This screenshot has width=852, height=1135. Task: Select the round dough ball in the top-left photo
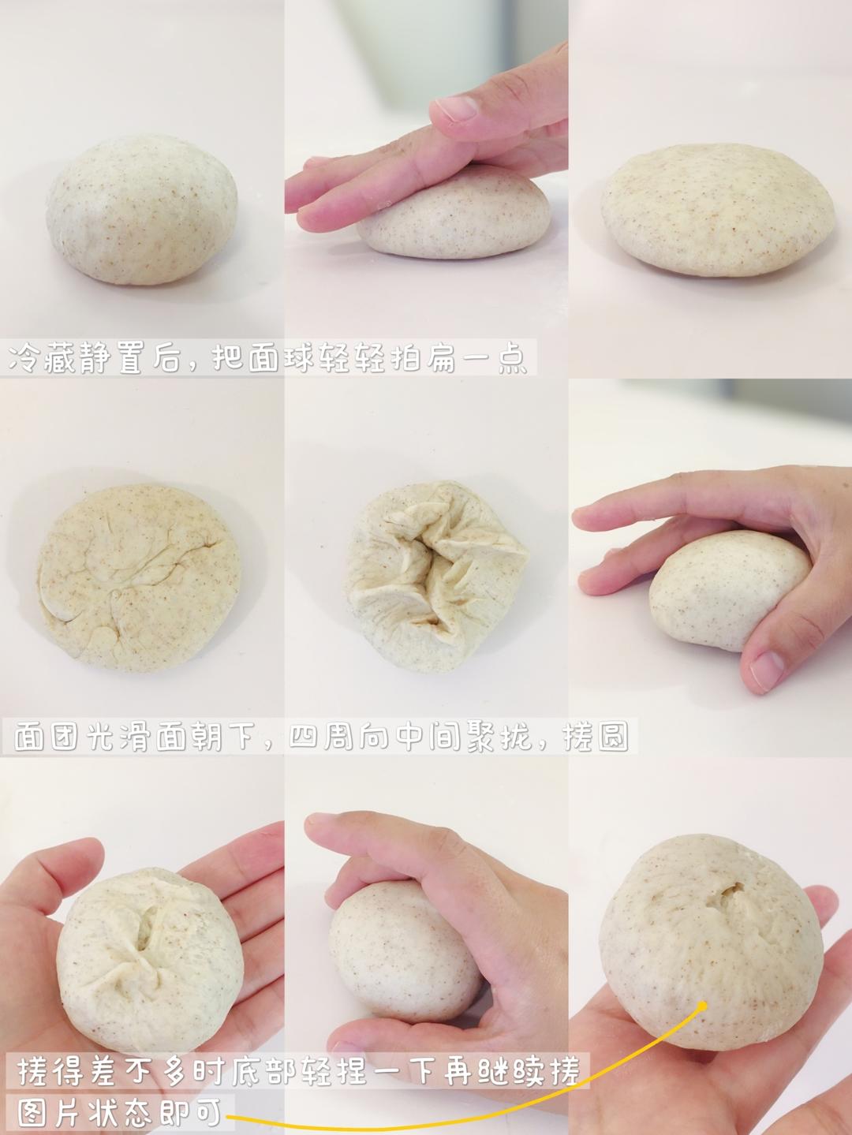pyautogui.click(x=141, y=210)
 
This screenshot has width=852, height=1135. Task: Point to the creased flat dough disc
pyautogui.click(x=140, y=577)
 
